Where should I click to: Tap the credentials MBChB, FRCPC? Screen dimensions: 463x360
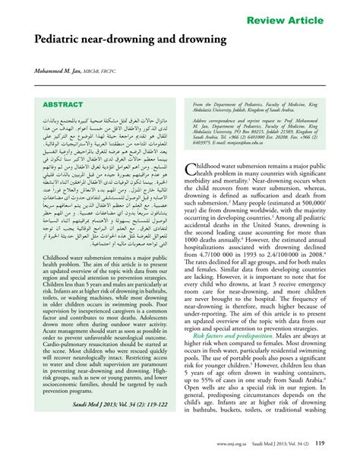tap(115, 70)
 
